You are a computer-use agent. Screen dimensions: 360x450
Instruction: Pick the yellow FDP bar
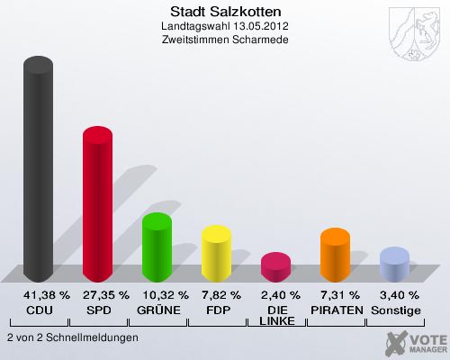216,254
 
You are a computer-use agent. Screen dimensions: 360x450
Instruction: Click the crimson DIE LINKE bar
275,266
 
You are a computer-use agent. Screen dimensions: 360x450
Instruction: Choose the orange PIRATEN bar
335,255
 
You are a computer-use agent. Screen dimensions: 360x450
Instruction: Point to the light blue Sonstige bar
394,265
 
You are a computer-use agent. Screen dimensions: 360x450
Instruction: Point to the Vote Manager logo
413,341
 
